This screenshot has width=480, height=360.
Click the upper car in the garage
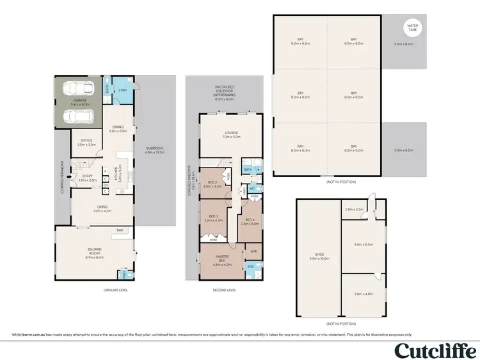coord(76,89)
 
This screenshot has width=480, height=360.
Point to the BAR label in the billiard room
coord(119,231)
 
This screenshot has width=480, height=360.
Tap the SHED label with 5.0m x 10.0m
coord(317,257)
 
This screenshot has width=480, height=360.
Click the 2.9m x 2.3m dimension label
coord(354,210)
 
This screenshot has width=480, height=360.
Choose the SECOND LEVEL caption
coord(225,290)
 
